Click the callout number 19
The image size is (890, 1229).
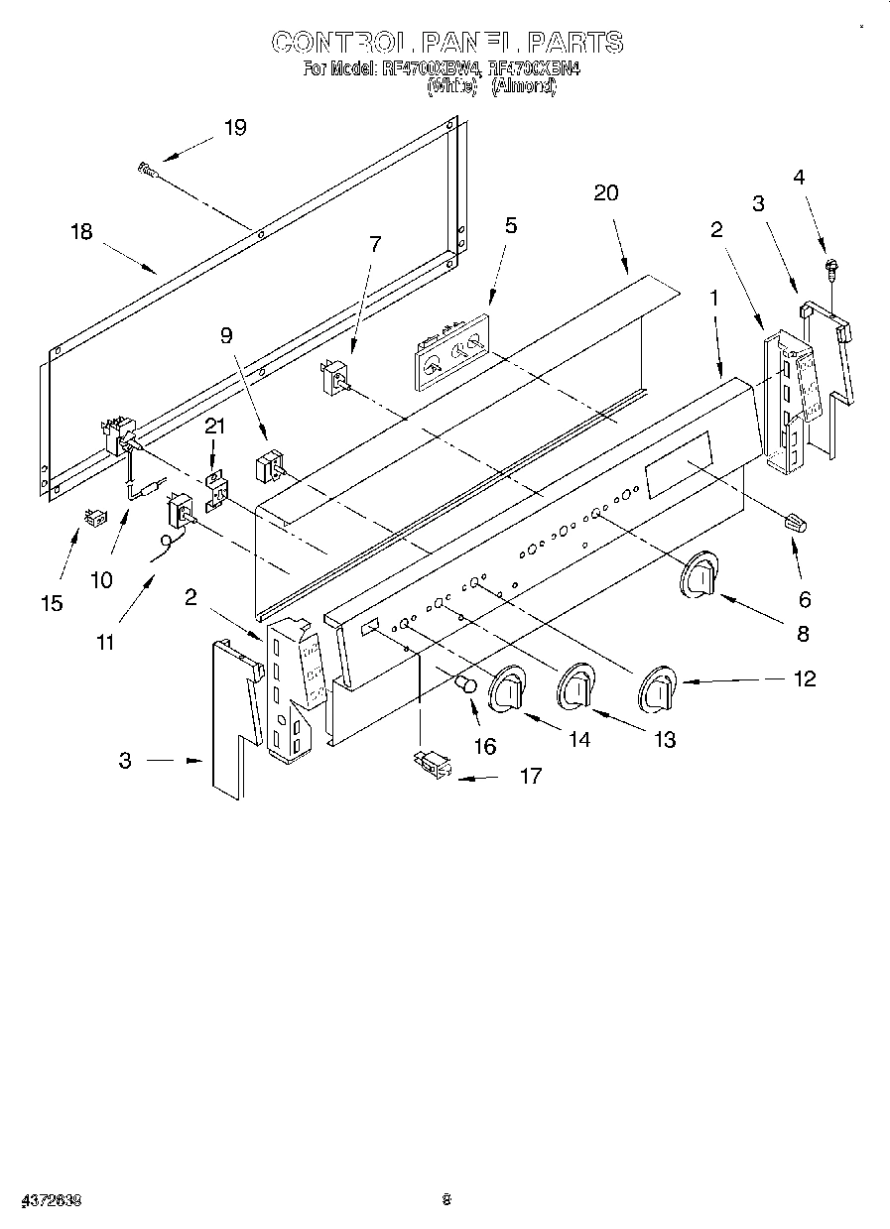point(235,127)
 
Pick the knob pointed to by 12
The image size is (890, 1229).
point(655,689)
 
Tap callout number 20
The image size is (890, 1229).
point(605,192)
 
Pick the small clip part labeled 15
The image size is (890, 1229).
point(95,518)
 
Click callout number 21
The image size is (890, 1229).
point(214,426)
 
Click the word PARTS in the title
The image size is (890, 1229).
point(574,42)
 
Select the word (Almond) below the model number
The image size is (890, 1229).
point(524,87)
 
